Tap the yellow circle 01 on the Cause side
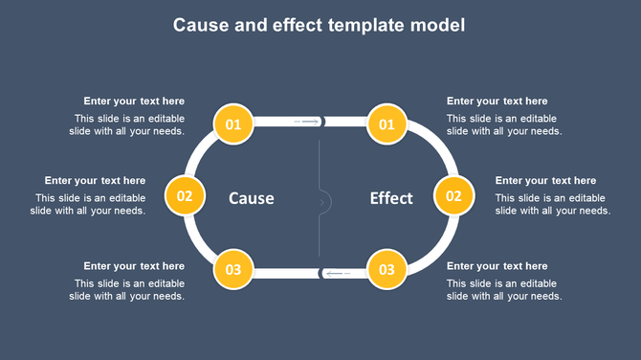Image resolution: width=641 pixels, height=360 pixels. click(x=233, y=124)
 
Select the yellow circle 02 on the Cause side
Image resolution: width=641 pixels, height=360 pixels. click(x=185, y=196)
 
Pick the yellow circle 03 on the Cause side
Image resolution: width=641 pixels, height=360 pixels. click(x=233, y=270)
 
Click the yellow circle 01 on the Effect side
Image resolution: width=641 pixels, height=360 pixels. click(x=387, y=124)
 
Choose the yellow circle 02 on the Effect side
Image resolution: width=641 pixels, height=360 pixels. click(x=453, y=196)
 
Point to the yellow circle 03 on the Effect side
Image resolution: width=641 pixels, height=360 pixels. click(x=387, y=270)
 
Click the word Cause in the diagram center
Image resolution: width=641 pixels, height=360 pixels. click(x=252, y=198)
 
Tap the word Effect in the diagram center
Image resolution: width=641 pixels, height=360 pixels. click(x=391, y=198)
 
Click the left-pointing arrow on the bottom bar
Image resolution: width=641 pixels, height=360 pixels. click(x=337, y=274)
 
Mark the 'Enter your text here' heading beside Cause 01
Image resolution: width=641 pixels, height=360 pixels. click(x=134, y=101)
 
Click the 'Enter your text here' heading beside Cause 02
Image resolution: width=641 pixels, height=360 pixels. click(x=95, y=180)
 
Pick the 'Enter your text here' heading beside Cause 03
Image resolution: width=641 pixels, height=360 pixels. click(x=134, y=266)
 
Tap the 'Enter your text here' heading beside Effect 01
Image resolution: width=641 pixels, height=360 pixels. click(x=497, y=101)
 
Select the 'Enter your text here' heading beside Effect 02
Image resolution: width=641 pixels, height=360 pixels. click(x=545, y=180)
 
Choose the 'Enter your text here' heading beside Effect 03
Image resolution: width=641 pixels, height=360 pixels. click(x=497, y=266)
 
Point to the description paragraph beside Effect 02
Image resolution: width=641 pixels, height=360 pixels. click(x=552, y=205)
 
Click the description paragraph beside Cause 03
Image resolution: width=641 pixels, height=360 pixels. click(x=128, y=290)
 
